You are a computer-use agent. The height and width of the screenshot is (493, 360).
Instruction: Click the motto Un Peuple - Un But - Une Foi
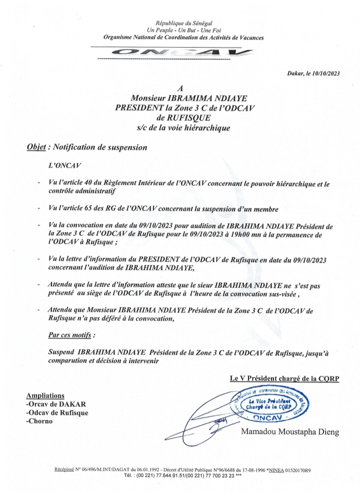(x=184, y=30)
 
